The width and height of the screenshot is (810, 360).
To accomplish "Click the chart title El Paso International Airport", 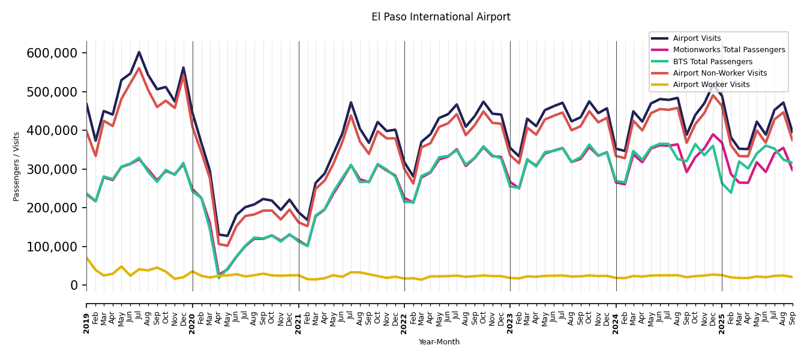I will pyautogui.click(x=440, y=17).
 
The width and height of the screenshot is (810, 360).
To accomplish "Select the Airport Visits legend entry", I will pyautogui.click(x=697, y=38).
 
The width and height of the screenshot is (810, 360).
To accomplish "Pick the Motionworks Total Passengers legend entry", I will pyautogui.click(x=728, y=50).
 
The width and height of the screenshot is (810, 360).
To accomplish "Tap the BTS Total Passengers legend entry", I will pyautogui.click(x=712, y=62).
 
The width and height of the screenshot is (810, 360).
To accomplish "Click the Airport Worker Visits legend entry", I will pyautogui.click(x=711, y=85).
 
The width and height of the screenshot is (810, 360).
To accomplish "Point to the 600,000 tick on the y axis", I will pyautogui.click(x=52, y=53).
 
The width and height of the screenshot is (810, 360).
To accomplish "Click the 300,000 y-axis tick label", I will pyautogui.click(x=52, y=169).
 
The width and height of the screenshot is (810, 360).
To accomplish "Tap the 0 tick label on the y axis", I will pyautogui.click(x=74, y=286).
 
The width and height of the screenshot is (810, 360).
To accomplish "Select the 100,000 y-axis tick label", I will pyautogui.click(x=52, y=247).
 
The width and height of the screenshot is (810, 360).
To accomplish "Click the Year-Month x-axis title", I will pyautogui.click(x=439, y=342).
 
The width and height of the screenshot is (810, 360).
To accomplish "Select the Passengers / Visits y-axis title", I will pyautogui.click(x=17, y=166).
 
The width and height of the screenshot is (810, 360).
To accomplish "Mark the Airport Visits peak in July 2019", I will pyautogui.click(x=139, y=52).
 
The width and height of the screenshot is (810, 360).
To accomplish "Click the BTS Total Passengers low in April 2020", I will pyautogui.click(x=218, y=277).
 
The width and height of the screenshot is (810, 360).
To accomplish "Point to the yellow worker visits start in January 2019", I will pyautogui.click(x=86, y=257).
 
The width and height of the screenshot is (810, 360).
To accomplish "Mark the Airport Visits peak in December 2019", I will pyautogui.click(x=184, y=67).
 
